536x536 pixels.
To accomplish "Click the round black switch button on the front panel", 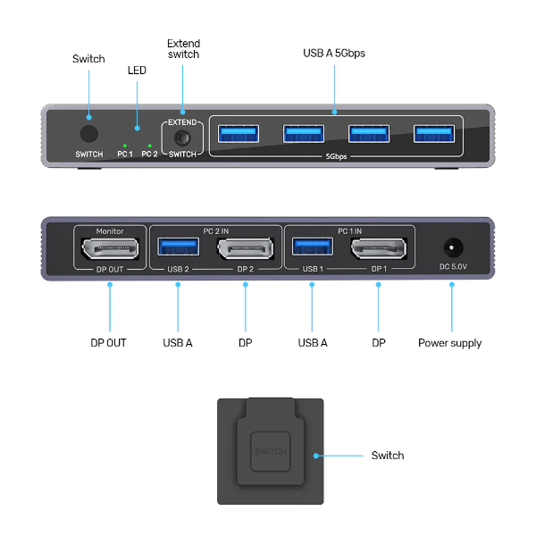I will tap(88, 134).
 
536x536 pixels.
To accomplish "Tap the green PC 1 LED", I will tap(125, 145).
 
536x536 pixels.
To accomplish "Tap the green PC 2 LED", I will tap(149, 145).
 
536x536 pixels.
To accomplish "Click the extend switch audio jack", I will tap(182, 138).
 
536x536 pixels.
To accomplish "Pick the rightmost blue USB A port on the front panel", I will tap(433, 134).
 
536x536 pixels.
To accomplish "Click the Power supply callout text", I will tap(449, 343).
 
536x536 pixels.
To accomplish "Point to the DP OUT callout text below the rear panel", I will tap(109, 343).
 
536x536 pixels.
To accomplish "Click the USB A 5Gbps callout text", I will tap(334, 54).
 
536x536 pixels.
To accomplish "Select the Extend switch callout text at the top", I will tap(183, 49).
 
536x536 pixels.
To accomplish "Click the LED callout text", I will tap(137, 70).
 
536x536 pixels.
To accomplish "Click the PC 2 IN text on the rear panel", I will tap(215, 230).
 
